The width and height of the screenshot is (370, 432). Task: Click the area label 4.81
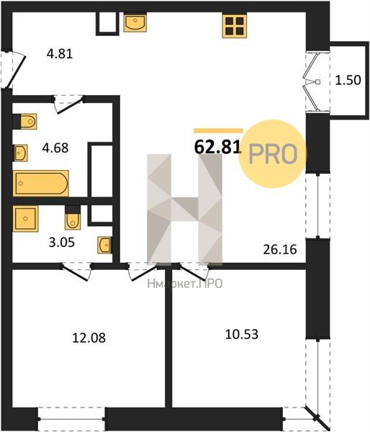coord(60,54)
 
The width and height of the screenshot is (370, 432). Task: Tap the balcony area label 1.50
coord(348,80)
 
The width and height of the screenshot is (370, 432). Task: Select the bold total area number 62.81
coord(218,148)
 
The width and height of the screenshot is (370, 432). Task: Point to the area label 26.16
coord(280,249)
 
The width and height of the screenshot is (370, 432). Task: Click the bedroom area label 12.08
coord(89,338)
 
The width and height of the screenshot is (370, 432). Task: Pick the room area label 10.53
coord(242,334)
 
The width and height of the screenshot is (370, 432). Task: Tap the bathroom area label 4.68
coord(55,148)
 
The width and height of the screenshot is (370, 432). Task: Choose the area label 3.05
coord(62,243)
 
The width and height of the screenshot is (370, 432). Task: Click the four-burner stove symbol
coord(235,26)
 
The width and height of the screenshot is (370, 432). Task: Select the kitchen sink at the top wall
coord(135,23)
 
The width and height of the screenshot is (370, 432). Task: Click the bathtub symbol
coord(41,183)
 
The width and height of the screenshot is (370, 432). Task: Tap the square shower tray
coord(25,219)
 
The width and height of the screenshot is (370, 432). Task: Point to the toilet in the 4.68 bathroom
coord(25,121)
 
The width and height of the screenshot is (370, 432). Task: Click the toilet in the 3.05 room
coord(73,218)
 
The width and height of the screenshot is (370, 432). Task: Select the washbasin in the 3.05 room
coord(105,245)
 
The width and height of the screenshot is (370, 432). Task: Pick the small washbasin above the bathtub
coord(20,153)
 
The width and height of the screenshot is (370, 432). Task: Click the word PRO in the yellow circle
coord(274,154)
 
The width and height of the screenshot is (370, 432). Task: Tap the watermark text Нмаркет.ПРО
coord(185,284)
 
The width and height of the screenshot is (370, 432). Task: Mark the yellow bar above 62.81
coord(219,130)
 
